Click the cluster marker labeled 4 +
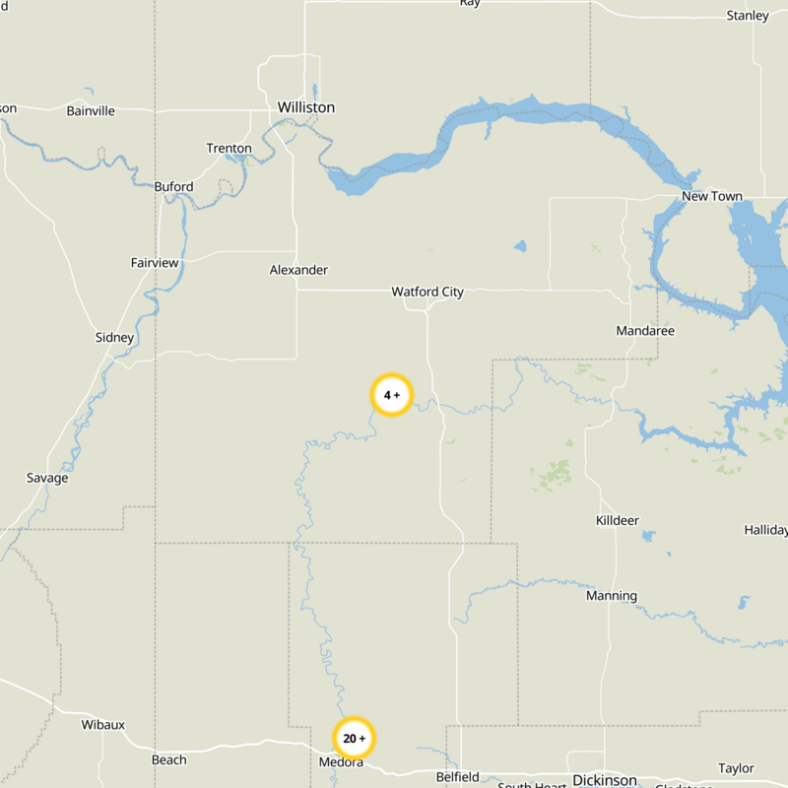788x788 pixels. tap(392, 395)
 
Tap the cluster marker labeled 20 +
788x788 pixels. tap(355, 738)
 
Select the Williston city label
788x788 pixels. tap(306, 107)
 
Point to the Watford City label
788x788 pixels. tap(427, 292)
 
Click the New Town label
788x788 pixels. tap(712, 196)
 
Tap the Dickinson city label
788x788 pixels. tap(605, 780)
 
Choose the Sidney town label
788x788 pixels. tap(114, 338)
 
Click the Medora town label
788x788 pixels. tap(342, 762)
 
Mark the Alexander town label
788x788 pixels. tap(298, 270)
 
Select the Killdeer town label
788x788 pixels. tap(618, 520)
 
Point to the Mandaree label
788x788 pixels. tap(645, 331)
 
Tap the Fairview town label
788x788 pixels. tap(156, 263)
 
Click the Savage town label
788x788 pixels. tap(47, 479)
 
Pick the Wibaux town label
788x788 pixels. tap(103, 725)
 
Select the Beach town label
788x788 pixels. tap(169, 759)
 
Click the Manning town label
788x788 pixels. tap(612, 596)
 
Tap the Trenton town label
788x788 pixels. tap(229, 149)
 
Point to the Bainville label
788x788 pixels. tap(91, 111)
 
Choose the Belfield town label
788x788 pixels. tap(458, 777)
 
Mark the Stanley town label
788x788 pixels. tap(748, 16)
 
